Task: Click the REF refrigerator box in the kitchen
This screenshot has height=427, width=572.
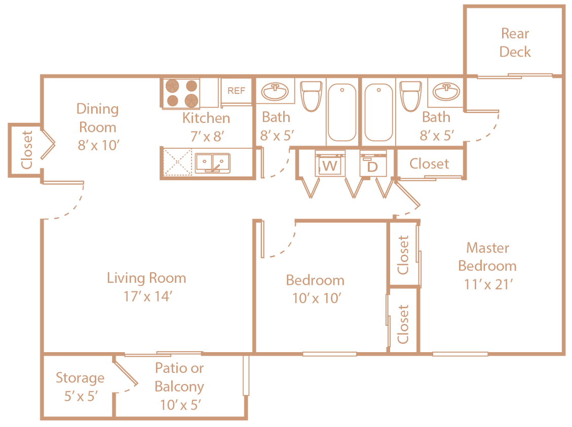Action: pyautogui.click(x=236, y=91)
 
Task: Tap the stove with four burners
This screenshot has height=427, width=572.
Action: pyautogui.click(x=181, y=93)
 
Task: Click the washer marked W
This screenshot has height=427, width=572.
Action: pyautogui.click(x=329, y=165)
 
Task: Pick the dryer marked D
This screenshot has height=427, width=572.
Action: pyautogui.click(x=372, y=165)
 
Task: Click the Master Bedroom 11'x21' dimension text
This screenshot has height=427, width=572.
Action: pyautogui.click(x=488, y=284)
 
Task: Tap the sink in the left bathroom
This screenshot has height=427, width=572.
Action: pyautogui.click(x=275, y=92)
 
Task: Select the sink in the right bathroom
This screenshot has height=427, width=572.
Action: pyautogui.click(x=446, y=92)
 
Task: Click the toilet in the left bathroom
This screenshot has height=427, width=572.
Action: pyautogui.click(x=311, y=96)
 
